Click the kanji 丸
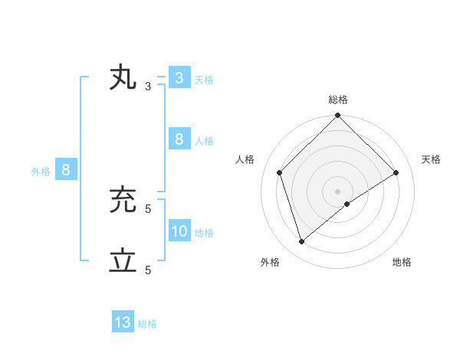coord(123,78)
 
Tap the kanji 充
coord(123,200)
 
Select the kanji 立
coord(123,261)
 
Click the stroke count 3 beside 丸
coord(148,87)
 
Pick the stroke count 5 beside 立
coord(148,270)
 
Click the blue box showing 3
coord(179,78)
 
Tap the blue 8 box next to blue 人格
coord(179,139)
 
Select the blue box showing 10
coord(179,231)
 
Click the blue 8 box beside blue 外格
coord(66,170)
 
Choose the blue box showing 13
coord(123,322)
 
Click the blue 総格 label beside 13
coord(147,324)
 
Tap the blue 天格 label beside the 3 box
coord(204,80)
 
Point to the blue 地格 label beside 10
coord(204,233)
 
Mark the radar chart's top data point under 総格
coord(337,116)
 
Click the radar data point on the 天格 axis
coord(396,172)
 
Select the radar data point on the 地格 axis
coord(347,204)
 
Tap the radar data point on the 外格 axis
coord(302,242)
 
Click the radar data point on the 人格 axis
coord(280,172)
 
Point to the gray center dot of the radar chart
coord(337,191)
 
